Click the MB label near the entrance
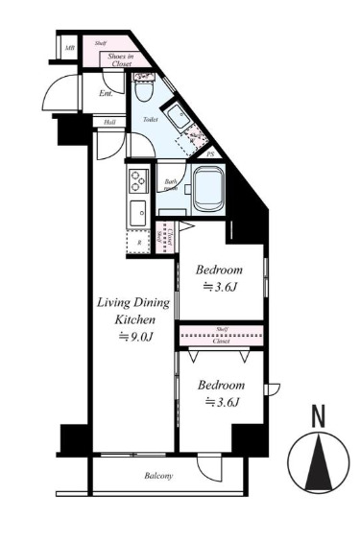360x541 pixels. click(70, 46)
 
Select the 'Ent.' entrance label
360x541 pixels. click(106, 94)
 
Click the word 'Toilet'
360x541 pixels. click(150, 120)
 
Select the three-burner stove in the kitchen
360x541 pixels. click(136, 179)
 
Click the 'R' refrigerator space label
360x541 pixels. click(140, 243)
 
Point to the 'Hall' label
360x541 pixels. click(109, 123)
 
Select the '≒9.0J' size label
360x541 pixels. click(135, 337)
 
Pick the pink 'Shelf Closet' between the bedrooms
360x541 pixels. click(222, 335)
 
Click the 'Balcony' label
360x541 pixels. click(159, 475)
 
